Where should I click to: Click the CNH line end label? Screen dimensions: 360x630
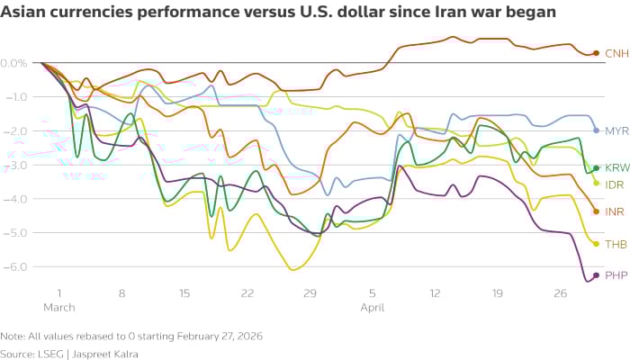point(616,53)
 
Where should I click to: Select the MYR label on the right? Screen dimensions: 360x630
point(616,130)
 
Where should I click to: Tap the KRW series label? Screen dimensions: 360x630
point(616,167)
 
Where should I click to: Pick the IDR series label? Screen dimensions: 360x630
point(615,184)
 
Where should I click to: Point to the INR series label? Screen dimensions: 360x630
point(615,211)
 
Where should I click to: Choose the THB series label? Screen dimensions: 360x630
point(616,244)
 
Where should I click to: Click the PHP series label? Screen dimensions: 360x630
point(616,275)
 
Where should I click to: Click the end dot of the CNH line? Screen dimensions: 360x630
point(596,53)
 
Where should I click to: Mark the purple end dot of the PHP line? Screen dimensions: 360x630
point(596,275)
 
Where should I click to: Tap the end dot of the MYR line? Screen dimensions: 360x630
point(596,130)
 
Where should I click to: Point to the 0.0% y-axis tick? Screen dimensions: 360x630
point(13,63)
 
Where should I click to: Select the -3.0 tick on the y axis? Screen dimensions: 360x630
point(15,165)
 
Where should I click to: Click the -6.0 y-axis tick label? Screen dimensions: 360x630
point(15,266)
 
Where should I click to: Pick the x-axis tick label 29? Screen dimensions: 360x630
point(310,293)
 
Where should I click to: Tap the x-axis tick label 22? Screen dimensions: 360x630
point(247,293)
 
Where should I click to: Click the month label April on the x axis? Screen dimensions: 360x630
point(373,308)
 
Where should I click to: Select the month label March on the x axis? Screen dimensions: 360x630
point(59,308)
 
